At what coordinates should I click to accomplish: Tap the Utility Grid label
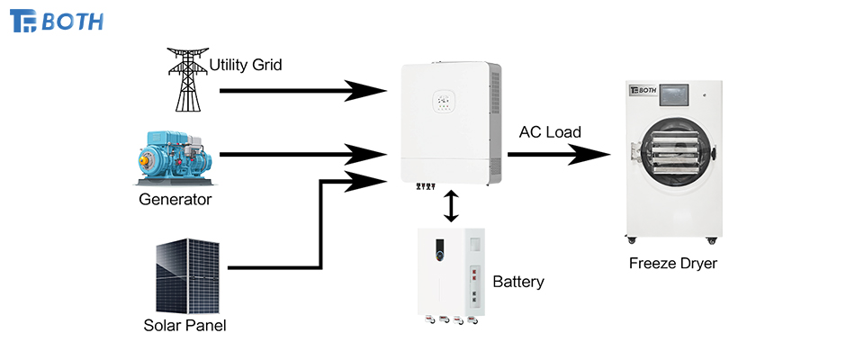[247, 65]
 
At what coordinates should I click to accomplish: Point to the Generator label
[175, 199]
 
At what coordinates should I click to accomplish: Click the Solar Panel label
[184, 325]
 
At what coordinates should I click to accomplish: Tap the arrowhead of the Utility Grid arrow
[369, 90]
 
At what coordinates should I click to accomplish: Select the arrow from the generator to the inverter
[297, 154]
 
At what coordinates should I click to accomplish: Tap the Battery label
[518, 282]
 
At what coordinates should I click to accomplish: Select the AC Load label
[550, 132]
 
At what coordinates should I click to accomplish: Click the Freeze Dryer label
[673, 264]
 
